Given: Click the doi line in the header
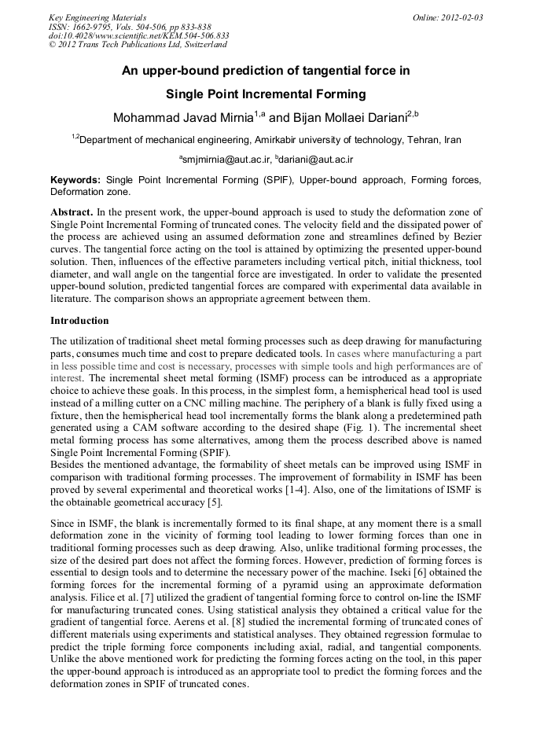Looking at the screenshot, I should coord(138,36).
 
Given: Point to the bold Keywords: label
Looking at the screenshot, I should coord(75,180).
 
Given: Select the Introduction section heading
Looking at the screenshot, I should coord(79,321).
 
